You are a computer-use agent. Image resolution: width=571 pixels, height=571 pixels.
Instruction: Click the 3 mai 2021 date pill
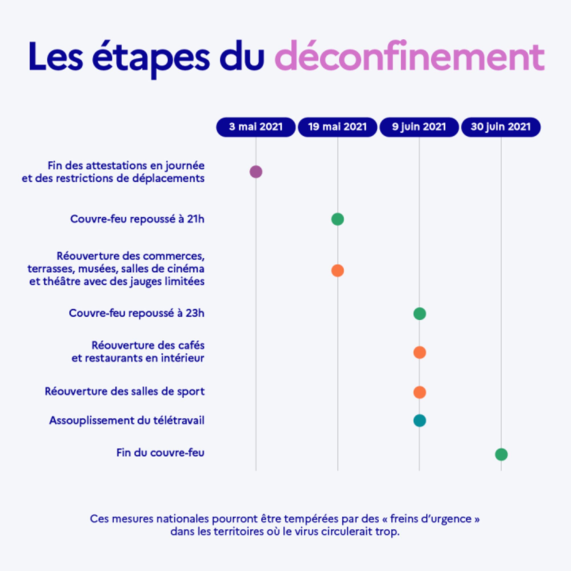(x=256, y=127)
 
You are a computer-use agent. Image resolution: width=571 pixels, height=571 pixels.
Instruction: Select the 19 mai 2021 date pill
(x=337, y=127)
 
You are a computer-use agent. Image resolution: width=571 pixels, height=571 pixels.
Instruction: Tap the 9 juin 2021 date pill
(x=419, y=127)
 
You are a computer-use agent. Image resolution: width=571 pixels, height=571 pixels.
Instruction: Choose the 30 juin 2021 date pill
(x=501, y=127)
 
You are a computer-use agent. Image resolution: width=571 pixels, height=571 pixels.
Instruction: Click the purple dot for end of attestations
(x=256, y=172)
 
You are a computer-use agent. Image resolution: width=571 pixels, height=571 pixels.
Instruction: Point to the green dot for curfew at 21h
(x=337, y=219)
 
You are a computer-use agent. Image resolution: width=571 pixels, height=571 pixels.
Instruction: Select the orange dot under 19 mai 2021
(x=337, y=271)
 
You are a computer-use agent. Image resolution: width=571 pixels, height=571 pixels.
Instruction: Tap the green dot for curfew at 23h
(x=420, y=313)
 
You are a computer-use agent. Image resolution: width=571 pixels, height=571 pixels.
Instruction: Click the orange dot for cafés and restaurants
(x=420, y=353)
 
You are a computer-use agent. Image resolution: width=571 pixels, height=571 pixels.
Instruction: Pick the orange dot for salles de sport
(x=420, y=393)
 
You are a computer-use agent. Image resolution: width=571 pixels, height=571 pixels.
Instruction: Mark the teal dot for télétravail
(x=420, y=421)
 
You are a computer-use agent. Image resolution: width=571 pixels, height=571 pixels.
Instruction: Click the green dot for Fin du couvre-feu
(x=501, y=455)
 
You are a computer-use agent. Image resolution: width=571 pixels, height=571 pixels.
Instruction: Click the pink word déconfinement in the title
(x=409, y=57)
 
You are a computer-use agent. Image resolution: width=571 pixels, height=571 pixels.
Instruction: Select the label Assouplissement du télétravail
(x=127, y=421)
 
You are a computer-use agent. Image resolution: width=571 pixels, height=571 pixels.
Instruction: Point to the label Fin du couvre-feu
(x=160, y=453)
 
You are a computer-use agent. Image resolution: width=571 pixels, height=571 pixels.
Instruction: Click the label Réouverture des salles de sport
(x=125, y=392)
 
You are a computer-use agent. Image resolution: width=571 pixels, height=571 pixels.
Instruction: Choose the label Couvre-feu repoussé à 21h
(x=137, y=219)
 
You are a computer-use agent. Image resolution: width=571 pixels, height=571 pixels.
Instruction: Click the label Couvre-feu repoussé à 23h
(x=136, y=313)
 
